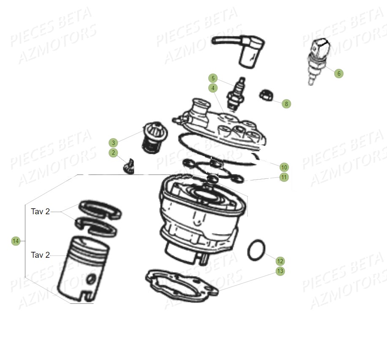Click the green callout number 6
click(x=338, y=74)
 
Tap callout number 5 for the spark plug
click(x=213, y=78)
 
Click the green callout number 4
click(x=213, y=88)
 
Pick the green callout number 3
click(x=113, y=143)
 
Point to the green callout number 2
click(x=113, y=153)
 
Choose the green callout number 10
click(x=284, y=167)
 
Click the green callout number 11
click(x=284, y=177)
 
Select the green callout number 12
click(x=280, y=261)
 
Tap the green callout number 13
click(x=280, y=271)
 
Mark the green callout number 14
click(x=16, y=241)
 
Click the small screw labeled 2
click(x=128, y=167)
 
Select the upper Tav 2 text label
click(x=40, y=211)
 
